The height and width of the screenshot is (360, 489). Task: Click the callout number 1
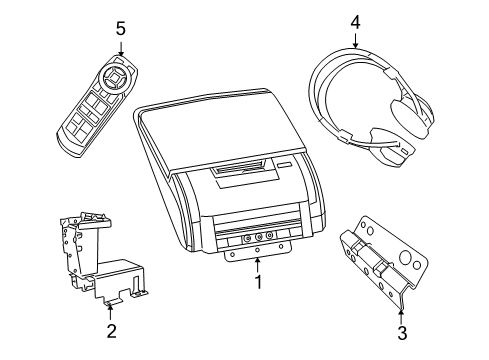coord(257,282)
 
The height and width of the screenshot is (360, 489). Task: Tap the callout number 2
coord(111,330)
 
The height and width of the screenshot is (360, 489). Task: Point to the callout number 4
coord(355,20)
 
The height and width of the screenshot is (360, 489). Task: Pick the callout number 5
coord(121,28)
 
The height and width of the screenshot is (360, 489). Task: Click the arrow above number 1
coord(257,264)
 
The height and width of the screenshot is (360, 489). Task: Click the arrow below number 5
coord(121,48)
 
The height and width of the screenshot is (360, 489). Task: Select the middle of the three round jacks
coord(257,237)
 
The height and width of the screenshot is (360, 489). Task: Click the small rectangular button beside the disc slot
coord(285,166)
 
